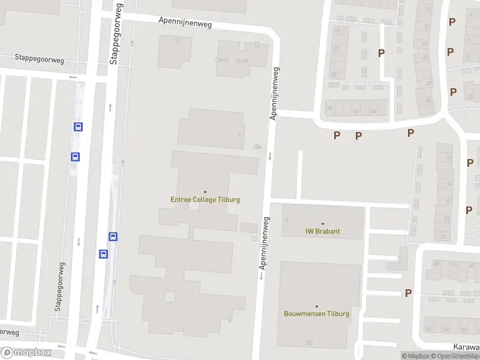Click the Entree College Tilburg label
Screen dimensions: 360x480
coord(205,200)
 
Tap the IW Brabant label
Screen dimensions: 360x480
coord(322,231)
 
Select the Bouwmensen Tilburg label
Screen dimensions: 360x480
coord(316,313)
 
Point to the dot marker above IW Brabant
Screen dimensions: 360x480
coord(322,224)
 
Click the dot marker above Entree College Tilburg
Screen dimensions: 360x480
coord(205,192)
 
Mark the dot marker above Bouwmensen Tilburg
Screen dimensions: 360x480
coord(316,306)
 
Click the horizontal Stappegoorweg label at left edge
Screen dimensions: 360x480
coord(39,59)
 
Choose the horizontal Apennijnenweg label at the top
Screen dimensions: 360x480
coord(185,23)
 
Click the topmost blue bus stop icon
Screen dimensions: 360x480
coord(78,127)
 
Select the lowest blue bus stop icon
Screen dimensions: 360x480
coord(103,254)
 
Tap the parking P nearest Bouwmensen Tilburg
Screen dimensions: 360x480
coord(408,293)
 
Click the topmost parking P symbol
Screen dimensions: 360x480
coord(452,22)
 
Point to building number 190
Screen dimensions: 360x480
coord(309,343)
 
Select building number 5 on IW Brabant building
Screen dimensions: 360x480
coord(287,220)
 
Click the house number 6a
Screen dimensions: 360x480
coord(257,146)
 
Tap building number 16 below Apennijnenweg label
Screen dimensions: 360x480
coord(177,40)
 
